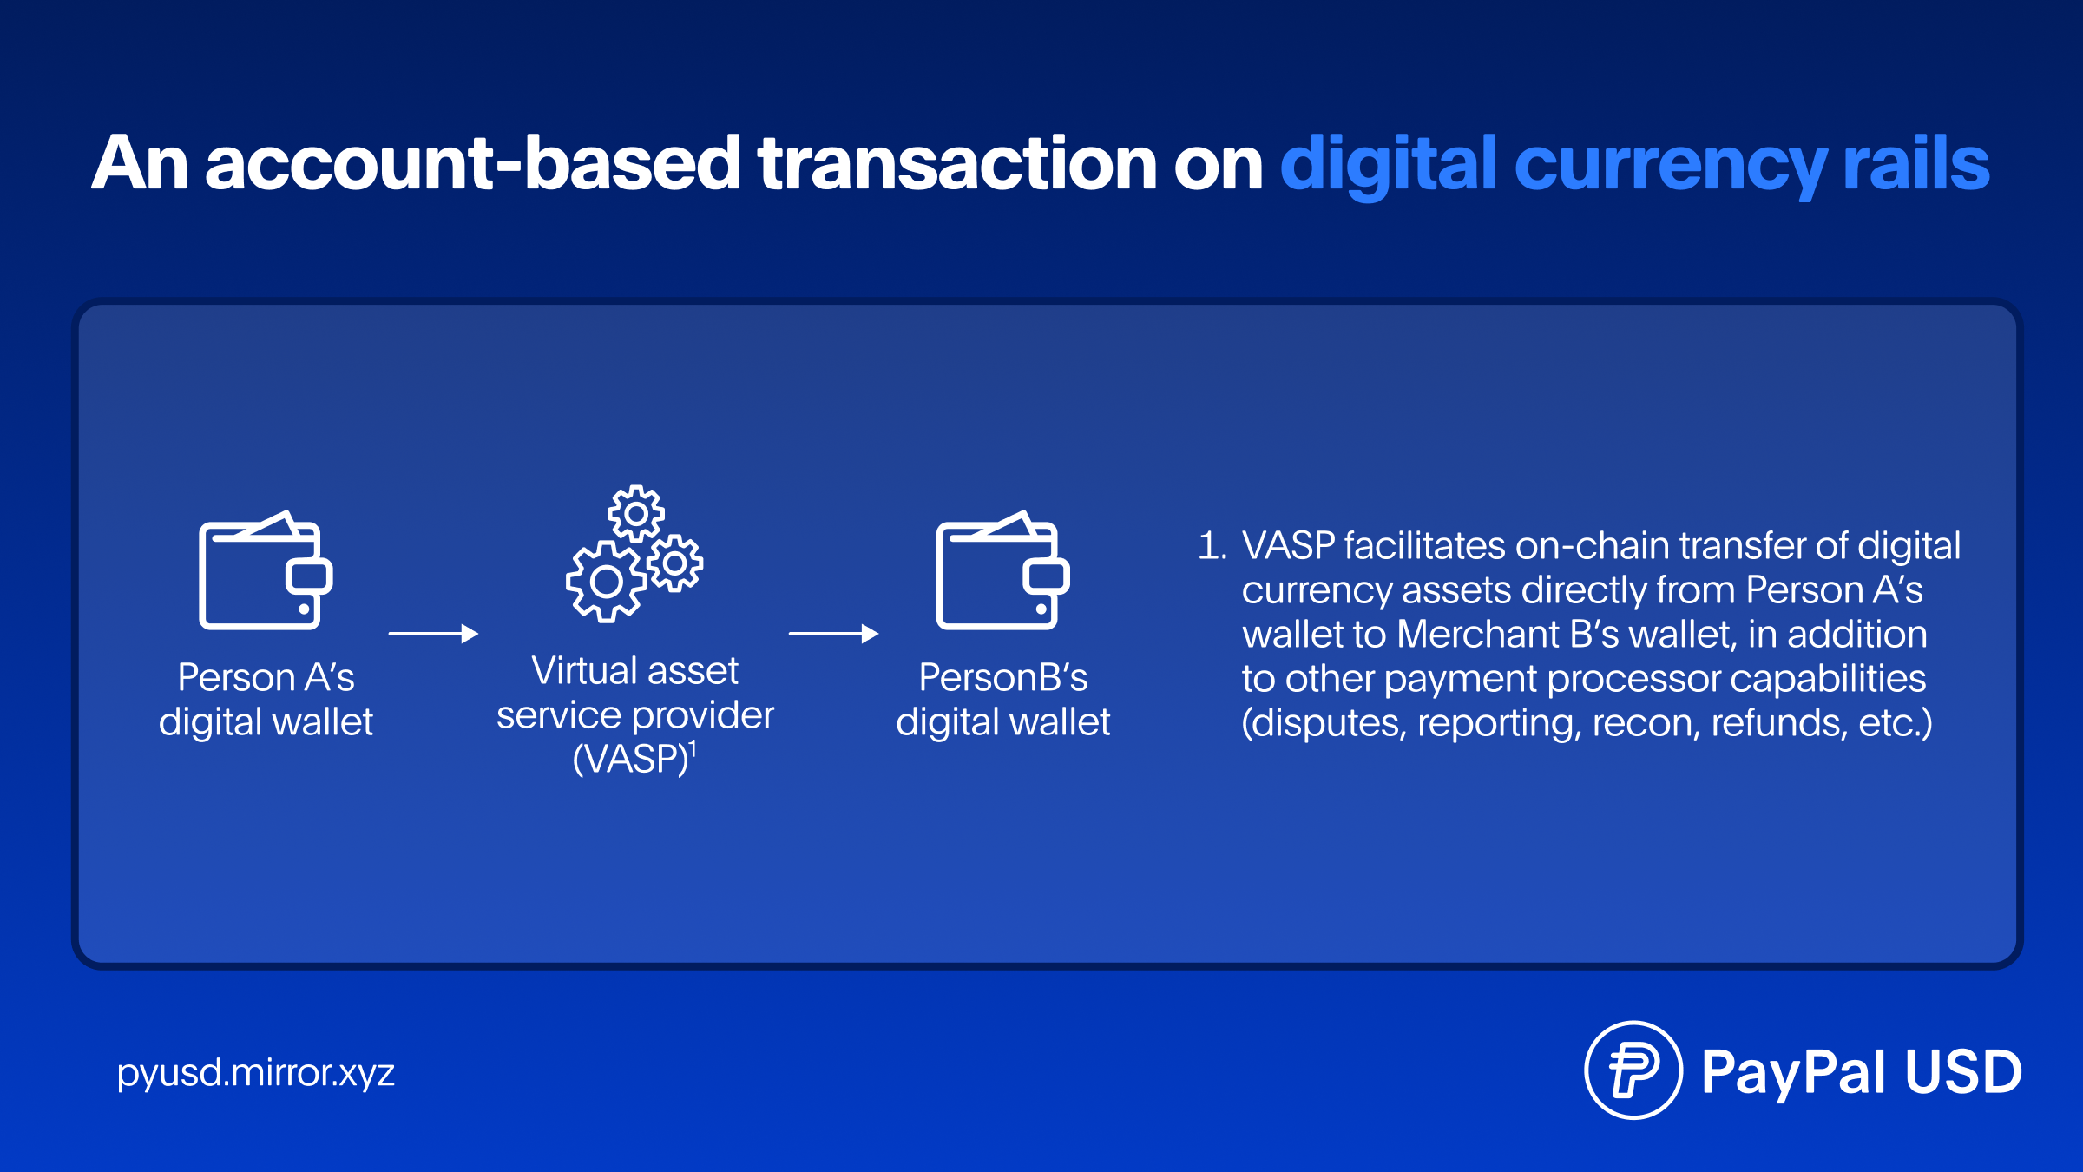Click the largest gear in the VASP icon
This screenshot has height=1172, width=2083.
pos(605,582)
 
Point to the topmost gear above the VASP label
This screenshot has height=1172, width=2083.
pos(636,514)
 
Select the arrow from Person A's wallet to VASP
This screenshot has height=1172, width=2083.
pos(433,634)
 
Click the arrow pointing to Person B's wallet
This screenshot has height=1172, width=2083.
pos(833,634)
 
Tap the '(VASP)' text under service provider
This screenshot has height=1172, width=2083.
pos(631,760)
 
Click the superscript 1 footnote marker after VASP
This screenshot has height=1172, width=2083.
pos(693,747)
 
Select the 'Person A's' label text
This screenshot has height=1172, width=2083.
pos(266,677)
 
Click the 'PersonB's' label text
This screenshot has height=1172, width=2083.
pos(1002,677)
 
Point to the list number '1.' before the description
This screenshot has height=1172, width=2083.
pos(1212,546)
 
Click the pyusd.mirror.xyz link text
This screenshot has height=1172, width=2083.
pos(256,1074)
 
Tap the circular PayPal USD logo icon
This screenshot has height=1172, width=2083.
pos(1633,1070)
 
